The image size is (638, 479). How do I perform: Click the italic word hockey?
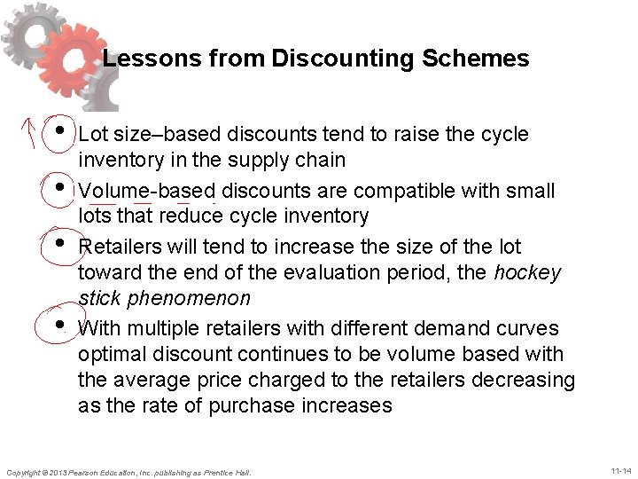pyautogui.click(x=530, y=273)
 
